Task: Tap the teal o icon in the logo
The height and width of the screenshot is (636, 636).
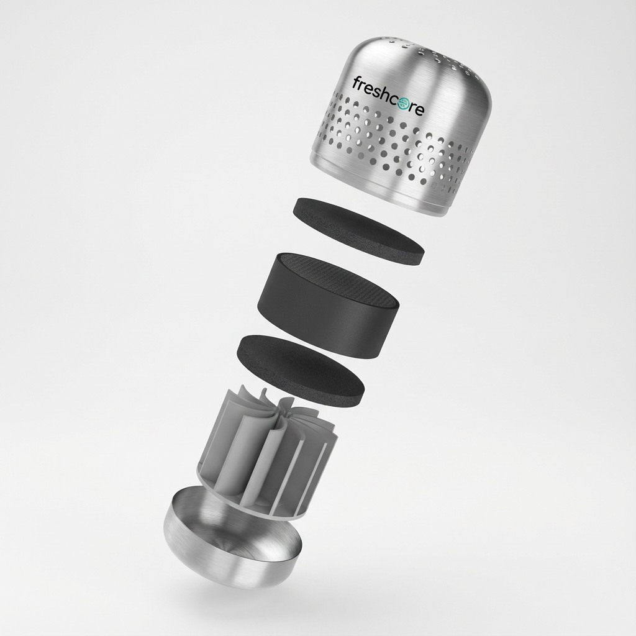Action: (402, 104)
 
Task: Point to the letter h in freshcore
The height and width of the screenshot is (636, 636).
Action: (383, 93)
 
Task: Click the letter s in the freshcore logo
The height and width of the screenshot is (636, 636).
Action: (374, 92)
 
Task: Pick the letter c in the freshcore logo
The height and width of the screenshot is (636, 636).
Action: (393, 101)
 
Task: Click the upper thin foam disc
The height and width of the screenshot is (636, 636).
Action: (358, 231)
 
